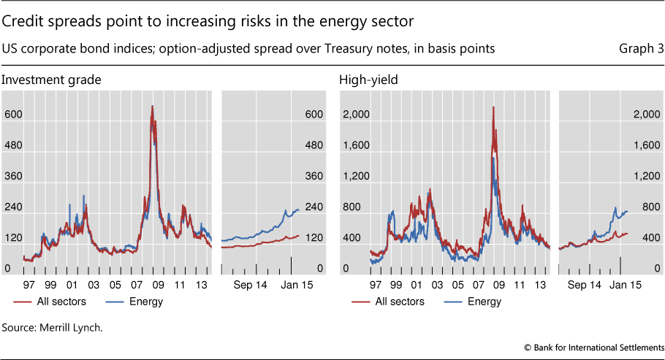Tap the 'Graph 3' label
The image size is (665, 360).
(x=641, y=49)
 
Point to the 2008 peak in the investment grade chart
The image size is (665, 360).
(x=152, y=107)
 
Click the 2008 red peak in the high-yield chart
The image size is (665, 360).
(x=494, y=109)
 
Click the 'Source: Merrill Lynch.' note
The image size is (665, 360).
(x=53, y=327)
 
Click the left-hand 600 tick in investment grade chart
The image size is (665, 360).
(x=12, y=114)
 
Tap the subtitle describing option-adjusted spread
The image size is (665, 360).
(x=249, y=49)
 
